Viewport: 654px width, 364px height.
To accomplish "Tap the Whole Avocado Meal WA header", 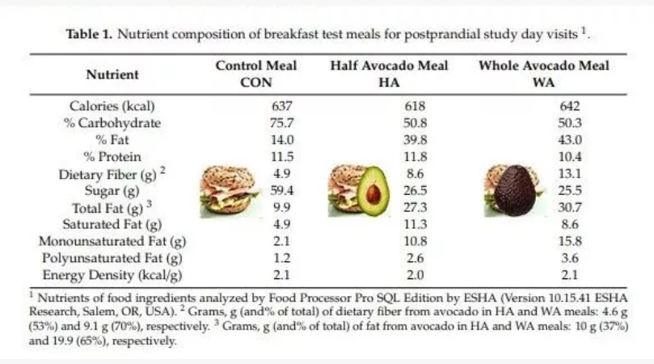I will pos(543,74).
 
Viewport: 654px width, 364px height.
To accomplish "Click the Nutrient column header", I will pos(112,74).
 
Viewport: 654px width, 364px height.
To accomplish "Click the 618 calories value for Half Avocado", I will pos(414,106).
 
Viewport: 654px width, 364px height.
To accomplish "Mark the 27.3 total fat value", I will pos(414,207).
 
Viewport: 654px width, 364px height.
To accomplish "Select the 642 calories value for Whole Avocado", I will pos(570,106).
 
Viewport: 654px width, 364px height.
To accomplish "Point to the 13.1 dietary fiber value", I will pos(570,173).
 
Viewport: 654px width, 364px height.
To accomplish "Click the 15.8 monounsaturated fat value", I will pos(570,240).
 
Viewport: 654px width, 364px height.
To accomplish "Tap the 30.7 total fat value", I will pos(570,207).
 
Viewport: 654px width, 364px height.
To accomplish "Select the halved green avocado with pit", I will pos(373,190).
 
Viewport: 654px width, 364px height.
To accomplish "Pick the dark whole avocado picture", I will pos(516,190).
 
